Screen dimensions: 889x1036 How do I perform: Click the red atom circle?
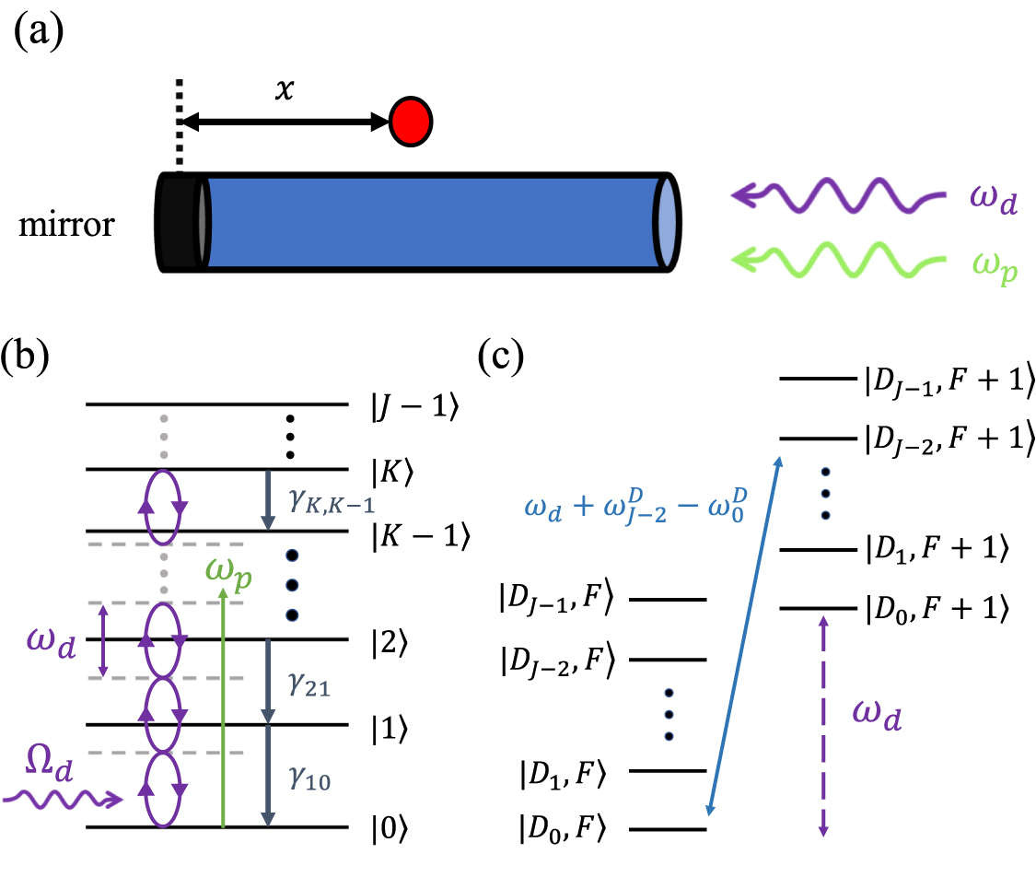411,120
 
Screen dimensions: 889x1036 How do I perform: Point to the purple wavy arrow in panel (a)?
838,195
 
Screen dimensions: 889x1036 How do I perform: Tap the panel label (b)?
33,357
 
